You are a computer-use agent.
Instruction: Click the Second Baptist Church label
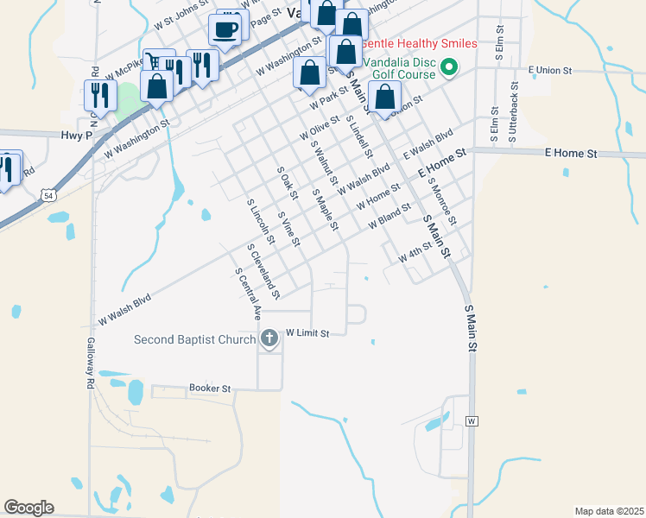(194, 339)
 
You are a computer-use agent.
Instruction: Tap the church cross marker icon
(269, 338)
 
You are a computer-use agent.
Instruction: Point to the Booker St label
(210, 389)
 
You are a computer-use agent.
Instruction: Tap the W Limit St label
(308, 332)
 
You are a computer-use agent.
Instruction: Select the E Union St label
(550, 69)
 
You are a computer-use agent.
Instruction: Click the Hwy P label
(77, 136)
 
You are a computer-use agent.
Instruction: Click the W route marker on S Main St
(472, 421)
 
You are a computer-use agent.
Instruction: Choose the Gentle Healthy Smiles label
(419, 43)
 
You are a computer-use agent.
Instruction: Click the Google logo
(28, 508)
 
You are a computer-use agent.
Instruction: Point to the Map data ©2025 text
(609, 511)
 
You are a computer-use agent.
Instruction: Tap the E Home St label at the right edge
(570, 153)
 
